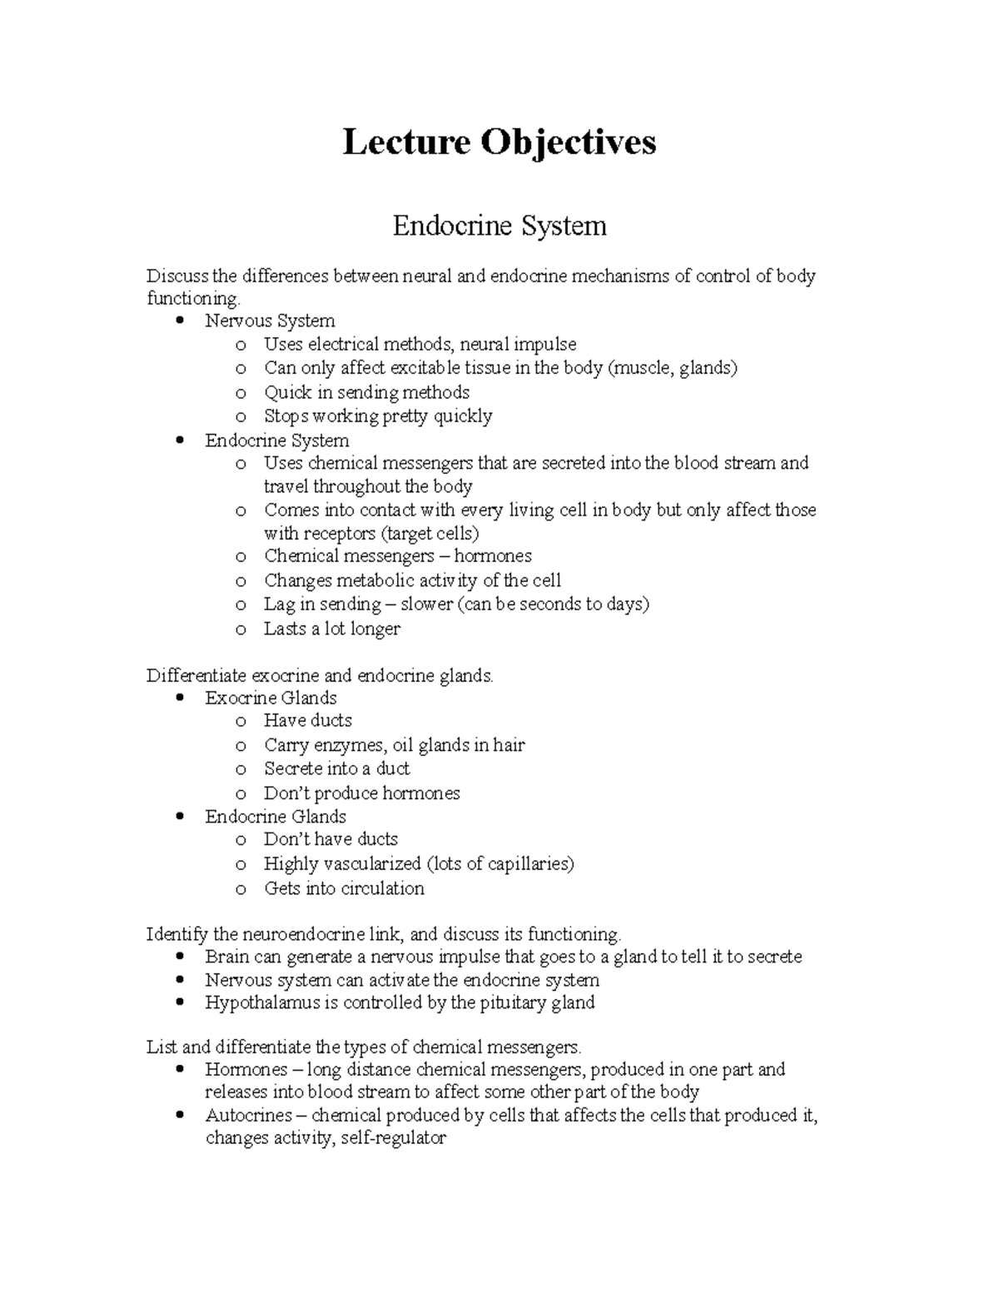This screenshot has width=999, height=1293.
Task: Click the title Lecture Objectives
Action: click(x=499, y=142)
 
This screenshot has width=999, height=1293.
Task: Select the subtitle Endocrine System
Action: click(x=499, y=226)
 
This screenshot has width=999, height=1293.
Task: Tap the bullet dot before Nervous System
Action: click(x=181, y=321)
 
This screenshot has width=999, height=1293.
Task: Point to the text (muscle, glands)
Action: click(x=673, y=368)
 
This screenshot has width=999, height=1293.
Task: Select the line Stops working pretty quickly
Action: click(x=377, y=415)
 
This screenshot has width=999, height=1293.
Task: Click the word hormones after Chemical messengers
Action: click(x=492, y=556)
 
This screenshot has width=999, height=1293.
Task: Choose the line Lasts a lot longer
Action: click(x=331, y=629)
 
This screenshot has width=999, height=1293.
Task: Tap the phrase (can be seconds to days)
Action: click(x=553, y=604)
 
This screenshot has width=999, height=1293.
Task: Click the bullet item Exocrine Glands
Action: click(x=271, y=698)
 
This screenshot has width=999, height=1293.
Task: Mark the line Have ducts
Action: click(x=307, y=720)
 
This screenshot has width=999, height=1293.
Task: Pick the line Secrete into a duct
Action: click(x=336, y=768)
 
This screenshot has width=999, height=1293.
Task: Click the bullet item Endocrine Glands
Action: click(x=275, y=817)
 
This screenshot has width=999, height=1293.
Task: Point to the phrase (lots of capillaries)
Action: click(x=499, y=863)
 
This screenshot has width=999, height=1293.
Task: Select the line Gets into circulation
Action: click(x=344, y=888)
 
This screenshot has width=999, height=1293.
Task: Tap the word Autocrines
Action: click(x=248, y=1116)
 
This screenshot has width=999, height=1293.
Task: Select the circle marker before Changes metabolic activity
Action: click(x=241, y=581)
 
